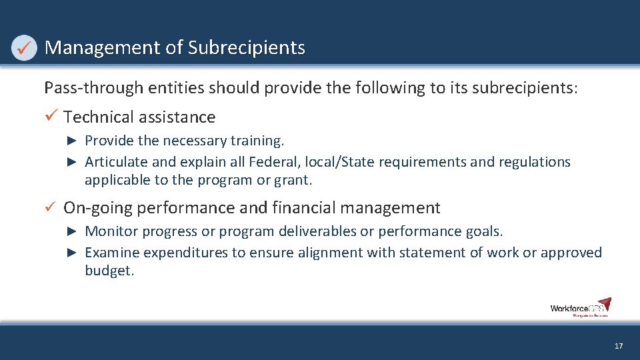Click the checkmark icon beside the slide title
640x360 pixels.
(24, 48)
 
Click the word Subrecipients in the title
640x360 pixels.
(246, 48)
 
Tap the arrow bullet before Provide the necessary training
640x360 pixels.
(73, 141)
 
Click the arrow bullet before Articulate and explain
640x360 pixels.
(73, 162)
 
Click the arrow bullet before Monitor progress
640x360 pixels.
(73, 231)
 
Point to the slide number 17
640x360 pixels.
(619, 346)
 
